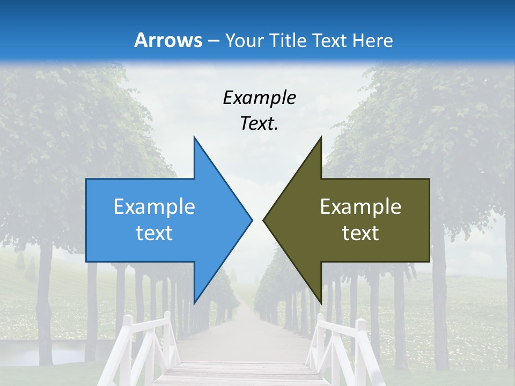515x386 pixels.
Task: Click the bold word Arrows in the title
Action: pos(168,40)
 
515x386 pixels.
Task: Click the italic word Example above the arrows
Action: pos(260,98)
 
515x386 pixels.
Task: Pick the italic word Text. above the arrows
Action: pos(260,124)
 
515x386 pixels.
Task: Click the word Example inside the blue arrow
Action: pos(154,207)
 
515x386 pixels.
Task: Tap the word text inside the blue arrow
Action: pos(154,233)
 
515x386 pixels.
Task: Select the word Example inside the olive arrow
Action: pos(360,207)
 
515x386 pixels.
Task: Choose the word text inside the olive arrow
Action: pos(360,233)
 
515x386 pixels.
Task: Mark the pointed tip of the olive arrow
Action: pos(264,220)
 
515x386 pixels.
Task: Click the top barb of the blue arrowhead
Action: pos(195,140)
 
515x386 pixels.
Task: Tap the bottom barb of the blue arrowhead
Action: pos(195,300)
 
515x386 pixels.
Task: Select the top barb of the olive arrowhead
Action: pos(320,140)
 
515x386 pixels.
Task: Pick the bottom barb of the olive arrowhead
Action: pos(320,300)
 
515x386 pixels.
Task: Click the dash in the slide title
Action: pos(213,41)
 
